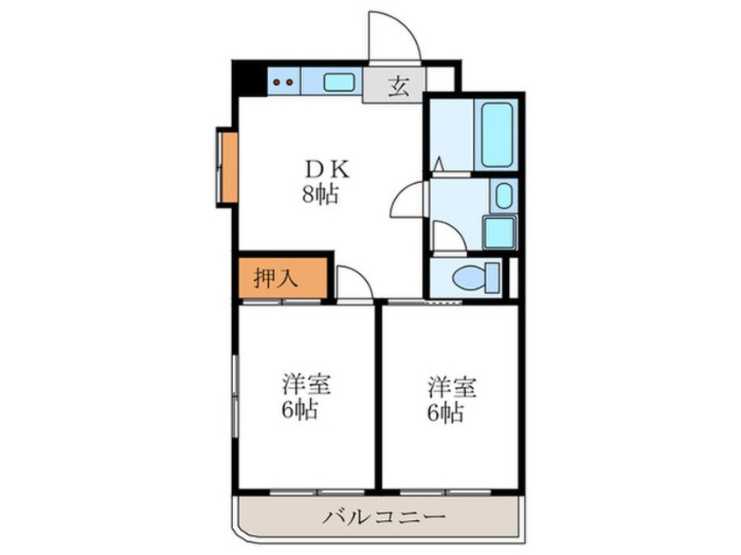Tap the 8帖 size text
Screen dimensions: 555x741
(321, 195)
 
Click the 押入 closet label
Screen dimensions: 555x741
(276, 278)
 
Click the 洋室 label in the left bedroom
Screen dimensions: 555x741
(306, 385)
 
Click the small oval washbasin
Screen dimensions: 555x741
(504, 195)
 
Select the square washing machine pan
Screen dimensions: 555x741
(499, 233)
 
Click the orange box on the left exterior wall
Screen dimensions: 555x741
(227, 166)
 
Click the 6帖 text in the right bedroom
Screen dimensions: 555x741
(446, 412)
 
